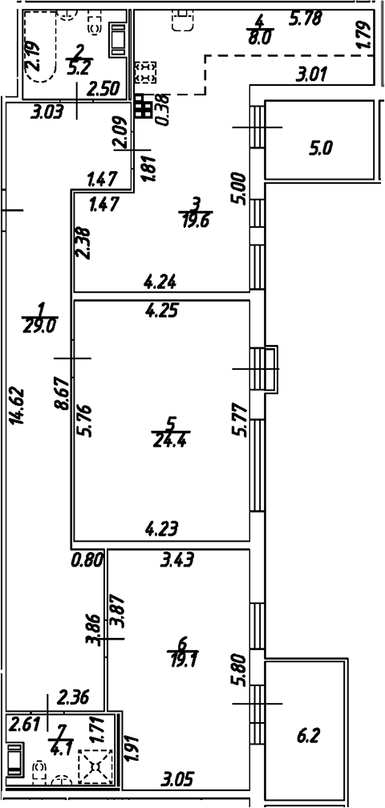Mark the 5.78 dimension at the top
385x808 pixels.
pos(305,17)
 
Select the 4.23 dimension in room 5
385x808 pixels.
pos(160,528)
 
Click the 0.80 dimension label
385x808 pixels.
pos(87,559)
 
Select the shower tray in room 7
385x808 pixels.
pos(95,765)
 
